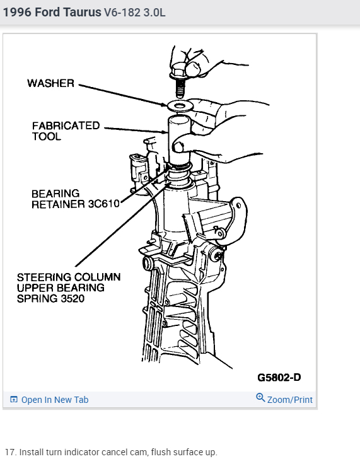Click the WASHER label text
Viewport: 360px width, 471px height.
pos(50,83)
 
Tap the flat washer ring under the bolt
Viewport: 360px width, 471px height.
pos(180,106)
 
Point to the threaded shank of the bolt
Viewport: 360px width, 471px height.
pos(180,88)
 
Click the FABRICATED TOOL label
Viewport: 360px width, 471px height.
pos(66,131)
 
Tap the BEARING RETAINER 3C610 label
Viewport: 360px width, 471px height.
pos(76,199)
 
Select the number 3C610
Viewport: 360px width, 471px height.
pos(104,204)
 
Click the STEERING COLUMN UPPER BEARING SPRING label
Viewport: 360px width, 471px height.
pos(69,288)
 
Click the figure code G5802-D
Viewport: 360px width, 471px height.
pos(279,377)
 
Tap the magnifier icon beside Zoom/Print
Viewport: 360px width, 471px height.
pos(260,398)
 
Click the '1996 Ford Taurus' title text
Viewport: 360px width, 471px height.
pos(52,13)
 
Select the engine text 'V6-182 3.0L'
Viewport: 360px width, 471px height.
pos(134,13)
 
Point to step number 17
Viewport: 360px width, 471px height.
pos(11,452)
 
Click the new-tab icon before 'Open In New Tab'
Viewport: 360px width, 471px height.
pos(14,400)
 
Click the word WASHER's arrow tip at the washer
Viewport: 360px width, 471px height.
pos(167,105)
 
